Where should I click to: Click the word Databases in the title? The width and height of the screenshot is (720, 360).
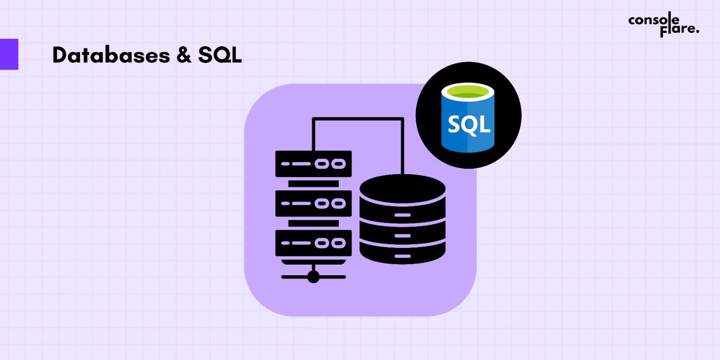tap(111, 55)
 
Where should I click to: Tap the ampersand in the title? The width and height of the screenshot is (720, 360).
tap(184, 55)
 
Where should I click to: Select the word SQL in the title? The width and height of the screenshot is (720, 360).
tap(220, 55)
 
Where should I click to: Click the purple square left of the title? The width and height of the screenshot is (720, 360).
tap(9, 54)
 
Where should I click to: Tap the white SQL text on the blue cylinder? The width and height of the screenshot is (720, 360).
tap(468, 124)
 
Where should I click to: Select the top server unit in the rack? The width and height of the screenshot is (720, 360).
tap(313, 164)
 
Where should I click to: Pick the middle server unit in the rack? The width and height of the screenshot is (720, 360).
tap(313, 203)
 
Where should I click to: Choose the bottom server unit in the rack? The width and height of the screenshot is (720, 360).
tap(313, 243)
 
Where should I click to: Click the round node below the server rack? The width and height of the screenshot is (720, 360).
tap(314, 277)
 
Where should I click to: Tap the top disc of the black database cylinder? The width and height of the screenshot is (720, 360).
tap(402, 188)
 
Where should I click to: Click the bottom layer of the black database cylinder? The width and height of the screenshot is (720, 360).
tap(402, 255)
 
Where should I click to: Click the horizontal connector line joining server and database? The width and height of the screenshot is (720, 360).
tap(358, 119)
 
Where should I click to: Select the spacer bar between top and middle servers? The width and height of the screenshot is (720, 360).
tap(313, 184)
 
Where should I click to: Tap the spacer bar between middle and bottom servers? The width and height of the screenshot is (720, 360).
tap(313, 223)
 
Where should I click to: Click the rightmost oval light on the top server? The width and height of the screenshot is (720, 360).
tap(338, 164)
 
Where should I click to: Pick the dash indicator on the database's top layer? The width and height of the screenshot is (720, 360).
tap(402, 215)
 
